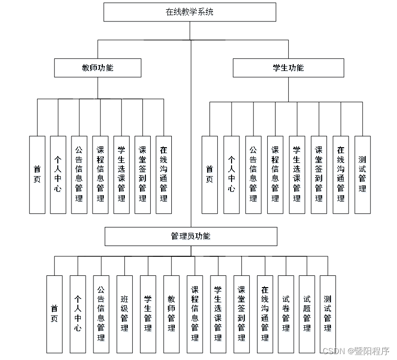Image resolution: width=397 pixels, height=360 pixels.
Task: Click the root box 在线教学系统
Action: (x=190, y=12)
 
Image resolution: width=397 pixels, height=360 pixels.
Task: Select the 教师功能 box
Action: (x=97, y=68)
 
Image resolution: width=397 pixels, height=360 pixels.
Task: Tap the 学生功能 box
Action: (x=288, y=68)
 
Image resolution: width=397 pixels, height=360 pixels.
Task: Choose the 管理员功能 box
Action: (x=191, y=236)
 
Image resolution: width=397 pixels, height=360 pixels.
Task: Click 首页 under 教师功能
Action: (x=37, y=175)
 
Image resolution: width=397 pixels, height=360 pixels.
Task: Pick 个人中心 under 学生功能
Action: (x=232, y=175)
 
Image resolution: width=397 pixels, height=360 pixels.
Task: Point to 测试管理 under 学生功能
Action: (x=362, y=175)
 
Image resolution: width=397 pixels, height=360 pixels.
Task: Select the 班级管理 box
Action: (x=124, y=314)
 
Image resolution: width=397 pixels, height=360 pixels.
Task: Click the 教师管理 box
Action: (x=171, y=314)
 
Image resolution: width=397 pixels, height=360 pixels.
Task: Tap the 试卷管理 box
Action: (x=286, y=314)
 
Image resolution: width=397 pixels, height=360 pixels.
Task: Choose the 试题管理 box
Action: (x=307, y=314)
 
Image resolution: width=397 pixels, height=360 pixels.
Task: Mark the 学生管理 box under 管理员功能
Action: (x=148, y=314)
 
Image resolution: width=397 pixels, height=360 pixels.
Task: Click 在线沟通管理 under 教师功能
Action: (x=163, y=175)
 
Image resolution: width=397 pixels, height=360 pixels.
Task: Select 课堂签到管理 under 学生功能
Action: (x=319, y=175)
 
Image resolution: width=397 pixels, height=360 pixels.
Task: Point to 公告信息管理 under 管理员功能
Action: (x=101, y=314)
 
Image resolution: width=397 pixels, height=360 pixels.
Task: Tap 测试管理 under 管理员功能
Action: (x=328, y=314)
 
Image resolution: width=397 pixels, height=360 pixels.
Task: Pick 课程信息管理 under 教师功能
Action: (x=100, y=175)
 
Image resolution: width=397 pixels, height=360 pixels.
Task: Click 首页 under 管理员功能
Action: (x=54, y=314)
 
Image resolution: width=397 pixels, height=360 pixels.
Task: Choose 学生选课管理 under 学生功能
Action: (x=297, y=175)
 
